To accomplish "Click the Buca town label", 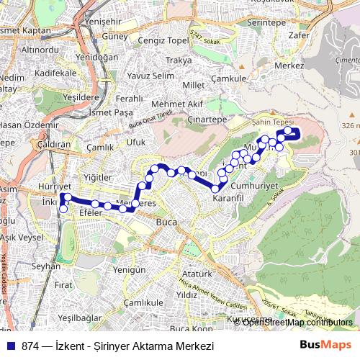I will coord(166,222).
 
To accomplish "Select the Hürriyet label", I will coord(49,186).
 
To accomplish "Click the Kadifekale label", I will coord(55,73).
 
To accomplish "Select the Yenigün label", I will coord(130,269).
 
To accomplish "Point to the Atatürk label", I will coord(197,274).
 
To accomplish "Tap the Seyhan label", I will coord(46,266).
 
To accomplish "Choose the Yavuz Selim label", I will coord(150,76).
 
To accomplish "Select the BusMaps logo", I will coord(325,346).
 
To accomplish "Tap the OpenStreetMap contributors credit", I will coord(297,322).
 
